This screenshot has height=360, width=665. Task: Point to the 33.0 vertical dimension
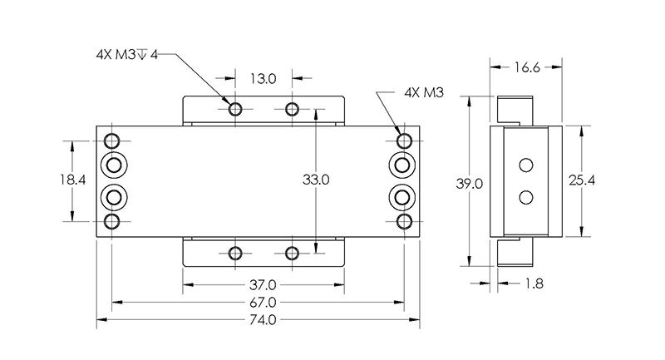[315, 179]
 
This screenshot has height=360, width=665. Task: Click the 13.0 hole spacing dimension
[263, 80]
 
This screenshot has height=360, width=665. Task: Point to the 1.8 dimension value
[534, 284]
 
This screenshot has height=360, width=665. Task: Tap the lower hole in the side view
[525, 197]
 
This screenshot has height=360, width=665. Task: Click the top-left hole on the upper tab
[235, 110]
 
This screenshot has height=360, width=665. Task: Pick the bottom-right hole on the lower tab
[292, 253]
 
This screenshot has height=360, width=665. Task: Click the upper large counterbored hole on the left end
[113, 165]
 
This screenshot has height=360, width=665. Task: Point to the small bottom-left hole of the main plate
[113, 222]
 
